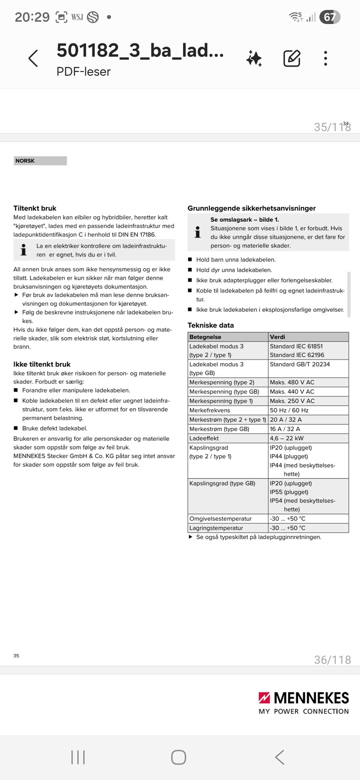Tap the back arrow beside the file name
click(33, 58)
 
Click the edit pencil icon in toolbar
click(292, 58)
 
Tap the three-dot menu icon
click(325, 58)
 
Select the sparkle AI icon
click(254, 59)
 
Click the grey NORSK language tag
click(40, 161)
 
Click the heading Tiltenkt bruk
click(35, 208)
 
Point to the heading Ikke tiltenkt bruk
click(42, 364)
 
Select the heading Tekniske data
click(211, 325)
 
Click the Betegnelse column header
click(205, 337)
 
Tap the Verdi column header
click(277, 337)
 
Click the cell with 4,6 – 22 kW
click(287, 438)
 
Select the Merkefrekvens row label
click(210, 410)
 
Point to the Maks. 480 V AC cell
click(292, 382)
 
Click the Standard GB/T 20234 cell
click(300, 364)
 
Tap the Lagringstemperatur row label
click(216, 528)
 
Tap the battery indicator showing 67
click(330, 17)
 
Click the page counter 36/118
click(332, 660)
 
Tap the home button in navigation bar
click(178, 757)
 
